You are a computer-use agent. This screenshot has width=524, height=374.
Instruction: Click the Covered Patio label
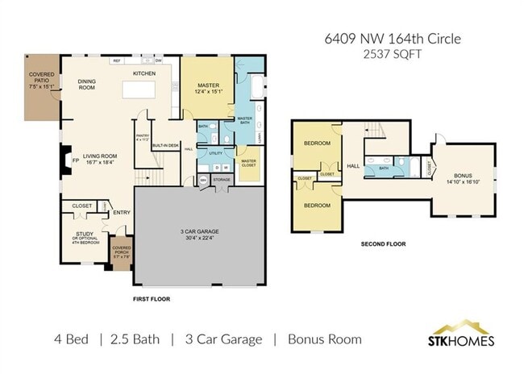(x=41, y=77)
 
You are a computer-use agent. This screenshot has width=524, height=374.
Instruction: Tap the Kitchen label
(x=144, y=73)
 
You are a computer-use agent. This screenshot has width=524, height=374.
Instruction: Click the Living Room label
(x=100, y=156)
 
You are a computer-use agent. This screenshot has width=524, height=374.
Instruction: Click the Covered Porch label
(x=122, y=251)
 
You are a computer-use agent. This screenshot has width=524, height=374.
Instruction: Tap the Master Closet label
(x=248, y=162)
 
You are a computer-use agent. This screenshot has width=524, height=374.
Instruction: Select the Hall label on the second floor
(x=352, y=166)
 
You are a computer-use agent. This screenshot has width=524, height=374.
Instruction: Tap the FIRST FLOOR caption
(x=152, y=298)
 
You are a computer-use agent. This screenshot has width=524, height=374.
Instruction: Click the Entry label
(x=122, y=213)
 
